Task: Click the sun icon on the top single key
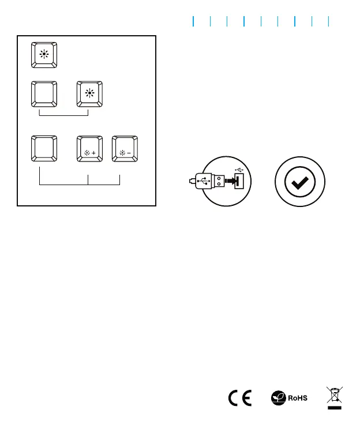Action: pyautogui.click(x=44, y=56)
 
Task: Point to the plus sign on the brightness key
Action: pyautogui.click(x=94, y=155)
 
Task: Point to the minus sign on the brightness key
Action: pyautogui.click(x=129, y=155)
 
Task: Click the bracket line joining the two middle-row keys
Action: pyautogui.click(x=63, y=115)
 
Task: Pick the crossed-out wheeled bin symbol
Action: pyautogui.click(x=333, y=394)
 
